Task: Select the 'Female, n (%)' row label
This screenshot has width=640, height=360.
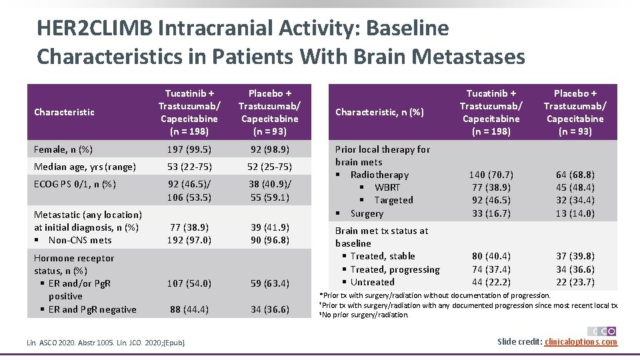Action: (63, 150)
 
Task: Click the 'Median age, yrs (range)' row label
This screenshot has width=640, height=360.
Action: (85, 167)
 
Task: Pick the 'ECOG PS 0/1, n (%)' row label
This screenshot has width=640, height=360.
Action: (75, 184)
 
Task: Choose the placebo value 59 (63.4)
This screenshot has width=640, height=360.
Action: (270, 283)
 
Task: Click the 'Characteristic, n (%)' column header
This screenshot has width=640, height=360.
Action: (379, 112)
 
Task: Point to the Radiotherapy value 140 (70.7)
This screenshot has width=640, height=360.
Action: (491, 175)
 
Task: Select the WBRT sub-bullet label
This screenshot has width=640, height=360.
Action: (387, 187)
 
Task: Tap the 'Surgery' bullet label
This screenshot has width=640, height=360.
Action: (367, 213)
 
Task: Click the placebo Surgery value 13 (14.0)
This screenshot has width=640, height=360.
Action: (575, 213)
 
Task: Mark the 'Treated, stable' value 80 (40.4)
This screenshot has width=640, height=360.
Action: (491, 256)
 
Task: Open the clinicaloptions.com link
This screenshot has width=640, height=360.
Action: (581, 342)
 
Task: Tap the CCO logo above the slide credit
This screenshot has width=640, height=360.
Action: (602, 331)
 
